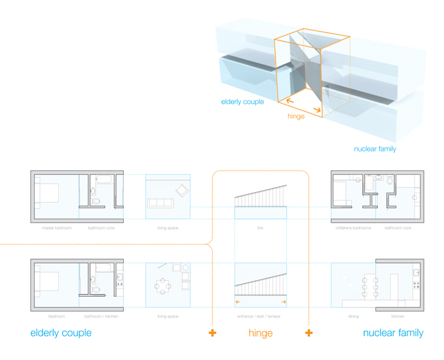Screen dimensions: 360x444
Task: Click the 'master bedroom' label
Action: click(56, 228)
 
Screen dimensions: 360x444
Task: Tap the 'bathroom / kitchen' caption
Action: click(101, 316)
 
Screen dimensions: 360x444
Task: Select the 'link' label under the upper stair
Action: click(260, 228)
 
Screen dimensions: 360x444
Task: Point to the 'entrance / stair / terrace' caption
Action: click(260, 316)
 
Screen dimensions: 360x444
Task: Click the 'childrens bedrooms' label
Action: click(353, 228)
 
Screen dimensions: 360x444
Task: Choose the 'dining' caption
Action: click(353, 316)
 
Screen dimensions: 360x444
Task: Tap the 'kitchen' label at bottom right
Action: click(398, 316)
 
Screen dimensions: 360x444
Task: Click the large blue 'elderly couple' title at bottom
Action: click(61, 333)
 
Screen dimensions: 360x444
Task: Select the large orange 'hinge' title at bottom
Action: click(261, 333)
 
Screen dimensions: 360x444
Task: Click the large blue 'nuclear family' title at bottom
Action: click(393, 333)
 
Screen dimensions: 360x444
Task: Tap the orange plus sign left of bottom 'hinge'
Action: click(212, 333)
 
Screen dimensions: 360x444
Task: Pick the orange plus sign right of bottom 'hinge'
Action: click(309, 333)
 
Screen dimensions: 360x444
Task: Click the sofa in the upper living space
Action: click(160, 203)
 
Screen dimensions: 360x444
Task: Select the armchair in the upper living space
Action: click(182, 190)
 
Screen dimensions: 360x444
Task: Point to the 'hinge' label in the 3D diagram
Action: click(296, 117)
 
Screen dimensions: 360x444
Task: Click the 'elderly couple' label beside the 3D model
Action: click(242, 101)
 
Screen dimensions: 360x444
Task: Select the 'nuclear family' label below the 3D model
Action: click(375, 150)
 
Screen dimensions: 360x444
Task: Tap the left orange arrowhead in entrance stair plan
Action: click(238, 302)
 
